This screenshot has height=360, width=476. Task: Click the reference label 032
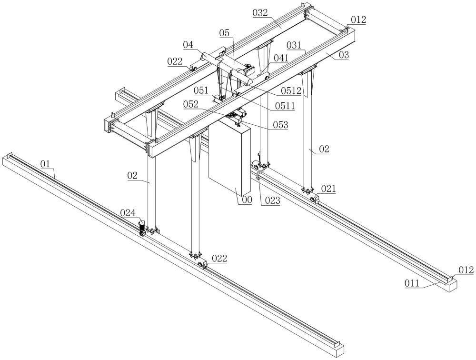point(260,13)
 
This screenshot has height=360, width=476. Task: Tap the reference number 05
point(224,33)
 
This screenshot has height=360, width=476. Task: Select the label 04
point(188,45)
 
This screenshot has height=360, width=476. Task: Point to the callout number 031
point(294,45)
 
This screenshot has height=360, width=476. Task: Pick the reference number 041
point(281,58)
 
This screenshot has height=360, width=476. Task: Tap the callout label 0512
point(291,90)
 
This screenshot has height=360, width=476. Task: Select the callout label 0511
point(285,106)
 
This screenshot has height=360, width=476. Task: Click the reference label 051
point(201,90)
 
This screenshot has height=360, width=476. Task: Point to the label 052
point(191,104)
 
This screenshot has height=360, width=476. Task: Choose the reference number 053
point(280,125)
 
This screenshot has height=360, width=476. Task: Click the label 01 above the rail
point(45,164)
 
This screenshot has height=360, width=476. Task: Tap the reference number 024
point(128,213)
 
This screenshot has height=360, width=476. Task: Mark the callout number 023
point(272,200)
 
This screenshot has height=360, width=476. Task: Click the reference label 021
point(328,189)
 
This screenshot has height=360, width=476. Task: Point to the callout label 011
point(412,283)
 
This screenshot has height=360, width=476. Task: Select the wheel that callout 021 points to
point(312,200)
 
